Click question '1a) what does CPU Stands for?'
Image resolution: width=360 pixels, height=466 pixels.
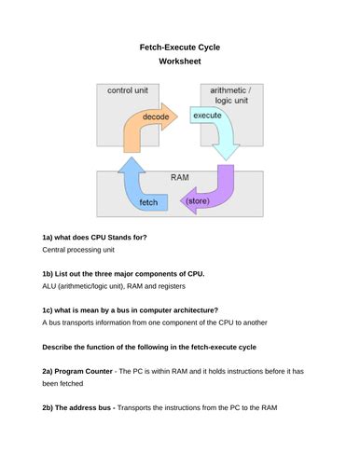[x=94, y=237]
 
